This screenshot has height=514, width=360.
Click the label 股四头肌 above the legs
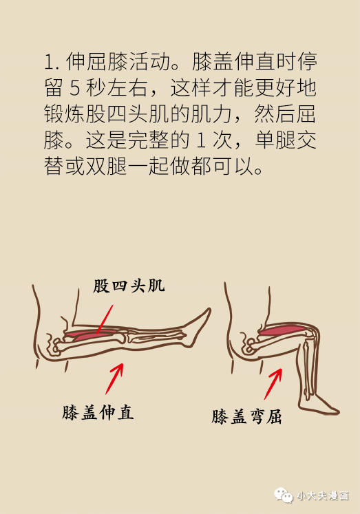coord(129,286)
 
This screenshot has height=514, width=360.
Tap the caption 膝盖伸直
coord(98,412)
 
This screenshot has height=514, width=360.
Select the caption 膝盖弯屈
coord(246,416)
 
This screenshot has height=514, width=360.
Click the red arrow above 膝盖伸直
coord(114,378)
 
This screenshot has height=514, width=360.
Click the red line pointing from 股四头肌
coord(105,319)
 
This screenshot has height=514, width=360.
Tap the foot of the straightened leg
coord(198,328)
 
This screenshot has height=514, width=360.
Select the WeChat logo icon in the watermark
coord(284,495)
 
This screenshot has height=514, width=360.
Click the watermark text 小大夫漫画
coord(323,495)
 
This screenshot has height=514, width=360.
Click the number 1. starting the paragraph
coord(51,62)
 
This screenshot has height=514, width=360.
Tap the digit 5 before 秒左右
coord(75,88)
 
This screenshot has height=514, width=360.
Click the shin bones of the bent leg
coord(308,370)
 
